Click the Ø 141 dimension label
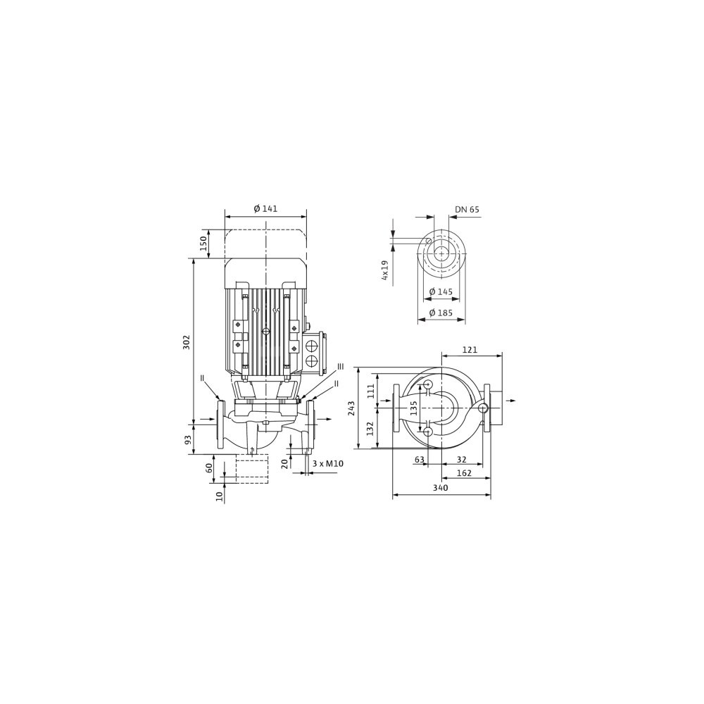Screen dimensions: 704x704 coord(265,209)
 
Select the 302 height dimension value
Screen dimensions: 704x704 coord(187,341)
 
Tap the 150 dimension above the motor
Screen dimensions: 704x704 coord(203,243)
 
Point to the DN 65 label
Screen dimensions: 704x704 coord(467,210)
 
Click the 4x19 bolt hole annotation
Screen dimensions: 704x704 coord(385,270)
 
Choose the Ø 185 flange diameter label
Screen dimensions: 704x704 coord(441,313)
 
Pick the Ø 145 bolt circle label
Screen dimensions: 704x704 coord(441,292)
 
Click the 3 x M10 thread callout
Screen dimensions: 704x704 coord(328,463)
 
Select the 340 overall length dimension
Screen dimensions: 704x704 coord(441,488)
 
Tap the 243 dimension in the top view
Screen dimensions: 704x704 coord(351,408)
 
